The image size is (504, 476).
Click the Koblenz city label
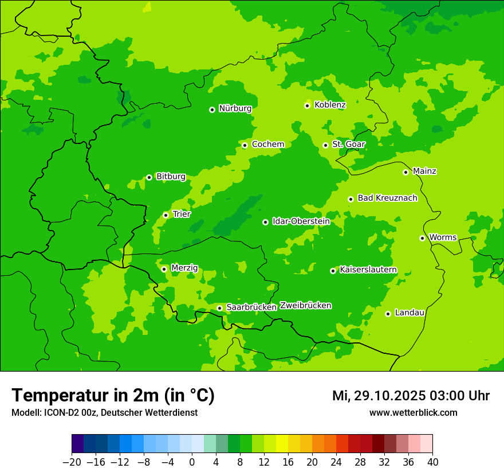[x=330, y=105]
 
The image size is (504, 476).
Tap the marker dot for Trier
[x=166, y=215]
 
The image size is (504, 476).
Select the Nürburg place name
[x=235, y=108]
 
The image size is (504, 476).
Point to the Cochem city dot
[x=245, y=145]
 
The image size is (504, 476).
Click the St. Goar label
[x=348, y=145]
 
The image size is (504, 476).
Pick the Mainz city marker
[x=405, y=172]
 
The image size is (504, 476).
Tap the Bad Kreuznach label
[x=387, y=198]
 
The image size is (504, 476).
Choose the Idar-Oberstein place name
[x=301, y=221]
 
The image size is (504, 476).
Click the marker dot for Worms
[x=422, y=238]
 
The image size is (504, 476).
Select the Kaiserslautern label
[x=368, y=270]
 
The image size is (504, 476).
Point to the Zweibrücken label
[x=305, y=306]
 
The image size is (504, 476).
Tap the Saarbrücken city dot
[x=219, y=308]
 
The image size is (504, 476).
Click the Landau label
[x=409, y=313]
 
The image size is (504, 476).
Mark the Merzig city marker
[x=164, y=269]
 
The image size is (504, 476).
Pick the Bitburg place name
[x=171, y=177]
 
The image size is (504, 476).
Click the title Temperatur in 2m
[x=113, y=395]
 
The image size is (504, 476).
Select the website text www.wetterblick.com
[x=413, y=413]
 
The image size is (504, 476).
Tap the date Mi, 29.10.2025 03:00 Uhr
[x=411, y=396]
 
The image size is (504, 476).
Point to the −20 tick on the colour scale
[x=72, y=462]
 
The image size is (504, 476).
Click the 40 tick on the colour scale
[x=432, y=462]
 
